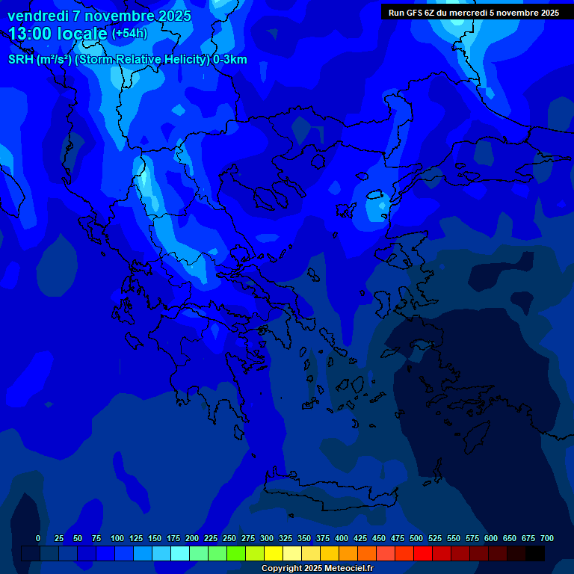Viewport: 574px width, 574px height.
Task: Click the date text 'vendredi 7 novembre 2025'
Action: coord(99,16)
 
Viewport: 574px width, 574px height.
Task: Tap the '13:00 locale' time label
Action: coord(58,33)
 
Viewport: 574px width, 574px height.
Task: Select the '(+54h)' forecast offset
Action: coord(129,34)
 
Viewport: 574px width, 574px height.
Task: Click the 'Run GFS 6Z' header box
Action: coord(473,13)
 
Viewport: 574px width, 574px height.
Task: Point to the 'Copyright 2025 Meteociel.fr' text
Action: coord(317,568)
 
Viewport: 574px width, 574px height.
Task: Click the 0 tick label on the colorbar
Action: coord(38,538)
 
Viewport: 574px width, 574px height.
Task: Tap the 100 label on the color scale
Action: coord(117,538)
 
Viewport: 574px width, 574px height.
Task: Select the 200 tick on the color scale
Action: coord(192,538)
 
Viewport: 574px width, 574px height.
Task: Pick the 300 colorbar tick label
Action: coord(267,538)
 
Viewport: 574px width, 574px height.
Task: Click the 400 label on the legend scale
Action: coord(342,538)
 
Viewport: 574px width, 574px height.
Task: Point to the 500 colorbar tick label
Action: coord(416,538)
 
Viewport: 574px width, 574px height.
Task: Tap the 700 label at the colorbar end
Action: coord(547,538)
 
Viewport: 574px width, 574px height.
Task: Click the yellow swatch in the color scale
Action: coord(274,553)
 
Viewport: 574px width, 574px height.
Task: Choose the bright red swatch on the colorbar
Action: coord(423,553)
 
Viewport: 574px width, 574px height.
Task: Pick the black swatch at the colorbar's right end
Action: coord(535,553)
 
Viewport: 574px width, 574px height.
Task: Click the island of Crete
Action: coord(329,490)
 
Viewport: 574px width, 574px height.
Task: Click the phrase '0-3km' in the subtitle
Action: coord(229,60)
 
